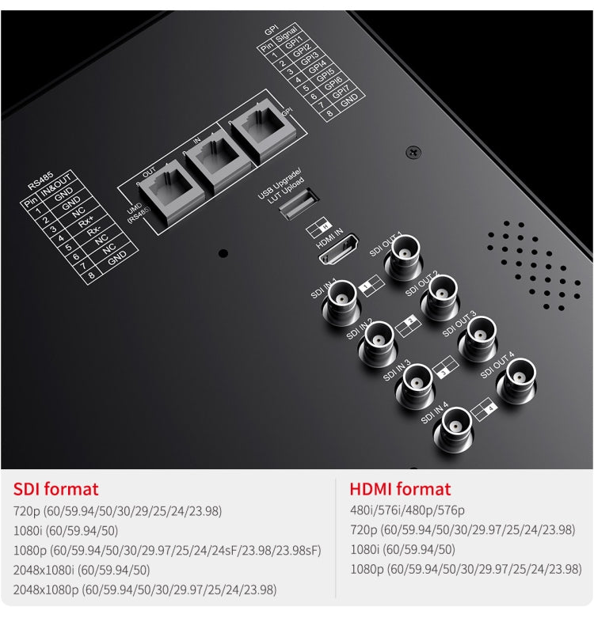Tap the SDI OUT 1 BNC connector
pos(402,264)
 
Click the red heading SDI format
pos(55,489)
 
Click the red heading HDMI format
pos(400,489)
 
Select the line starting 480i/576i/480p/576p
pos(407,511)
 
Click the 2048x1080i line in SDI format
pos(82,570)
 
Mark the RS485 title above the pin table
pos(40,184)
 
